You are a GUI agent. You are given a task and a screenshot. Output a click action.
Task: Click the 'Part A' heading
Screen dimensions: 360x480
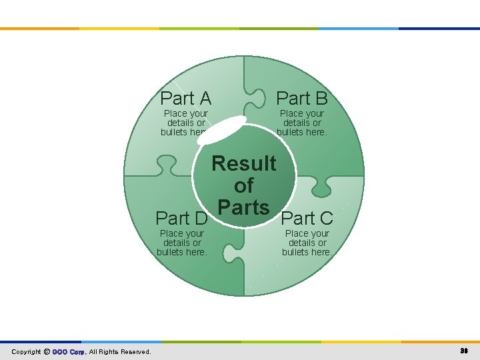pyautogui.click(x=186, y=99)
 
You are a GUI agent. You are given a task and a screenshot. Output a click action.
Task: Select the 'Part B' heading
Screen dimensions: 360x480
pyautogui.click(x=302, y=99)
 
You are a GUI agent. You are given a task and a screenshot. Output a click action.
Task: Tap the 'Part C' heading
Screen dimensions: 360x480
pyautogui.click(x=307, y=218)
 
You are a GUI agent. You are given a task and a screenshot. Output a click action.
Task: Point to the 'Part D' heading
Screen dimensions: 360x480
pyautogui.click(x=181, y=218)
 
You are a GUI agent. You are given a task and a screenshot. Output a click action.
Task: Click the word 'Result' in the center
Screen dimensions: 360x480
pyautogui.click(x=244, y=163)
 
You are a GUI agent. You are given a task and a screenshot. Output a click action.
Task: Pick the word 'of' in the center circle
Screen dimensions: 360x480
pyautogui.click(x=244, y=185)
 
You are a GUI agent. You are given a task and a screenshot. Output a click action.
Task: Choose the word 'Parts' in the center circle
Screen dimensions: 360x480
pyautogui.click(x=244, y=207)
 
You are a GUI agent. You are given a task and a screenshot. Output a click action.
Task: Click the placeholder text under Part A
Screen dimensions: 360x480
pyautogui.click(x=185, y=123)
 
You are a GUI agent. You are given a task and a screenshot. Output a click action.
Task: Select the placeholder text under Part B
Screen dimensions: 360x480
pyautogui.click(x=302, y=123)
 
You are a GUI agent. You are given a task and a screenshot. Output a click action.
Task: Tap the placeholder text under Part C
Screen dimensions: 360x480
pyautogui.click(x=307, y=243)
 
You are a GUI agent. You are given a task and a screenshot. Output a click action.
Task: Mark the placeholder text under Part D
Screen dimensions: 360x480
pyautogui.click(x=182, y=243)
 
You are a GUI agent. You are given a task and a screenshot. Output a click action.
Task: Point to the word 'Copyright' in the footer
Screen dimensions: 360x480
pyautogui.click(x=27, y=352)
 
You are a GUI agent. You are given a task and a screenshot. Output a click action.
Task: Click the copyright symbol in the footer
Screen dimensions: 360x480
pyautogui.click(x=47, y=352)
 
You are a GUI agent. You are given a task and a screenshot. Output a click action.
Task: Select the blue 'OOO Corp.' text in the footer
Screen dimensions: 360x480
pyautogui.click(x=69, y=352)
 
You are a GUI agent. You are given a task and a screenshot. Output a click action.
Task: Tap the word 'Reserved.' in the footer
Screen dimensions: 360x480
pyautogui.click(x=135, y=352)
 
